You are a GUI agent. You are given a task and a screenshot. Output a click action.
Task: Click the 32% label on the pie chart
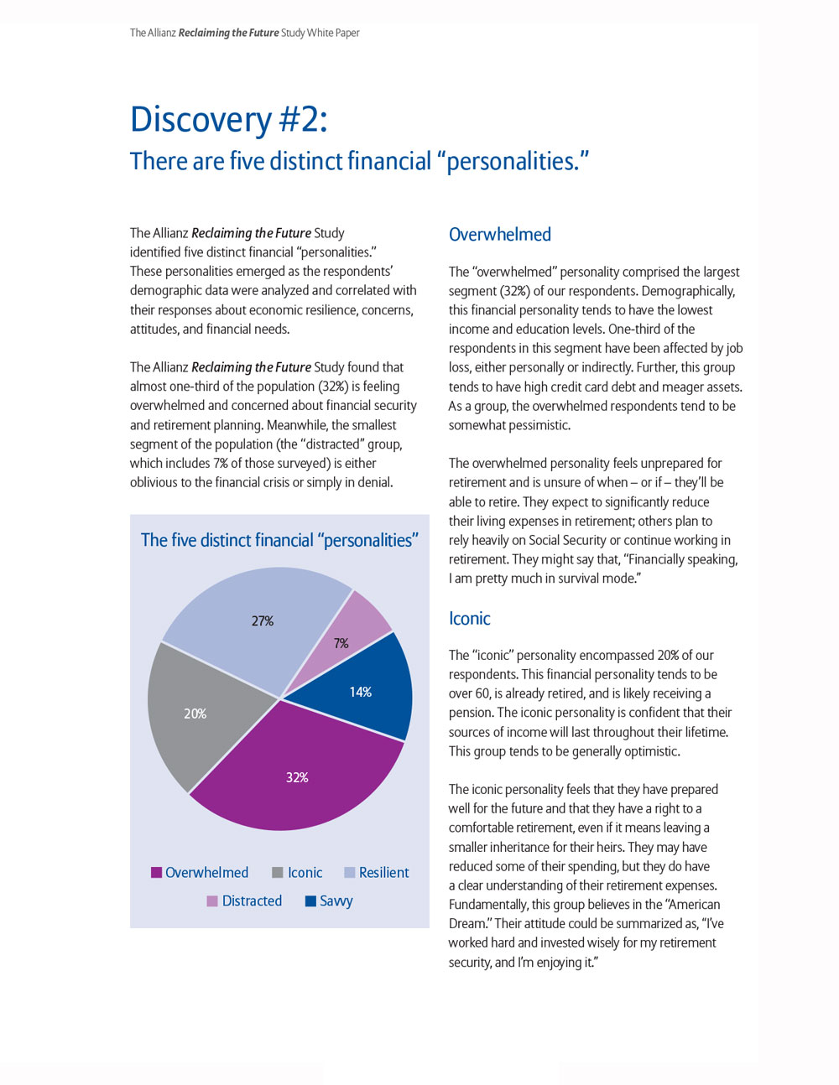[x=297, y=777]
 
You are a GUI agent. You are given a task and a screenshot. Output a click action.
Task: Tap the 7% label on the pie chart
[x=341, y=643]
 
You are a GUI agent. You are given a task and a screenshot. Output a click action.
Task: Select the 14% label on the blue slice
[x=361, y=692]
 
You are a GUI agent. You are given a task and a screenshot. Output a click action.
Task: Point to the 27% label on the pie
[x=263, y=621]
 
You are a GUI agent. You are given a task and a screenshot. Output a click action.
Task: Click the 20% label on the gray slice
[x=195, y=714]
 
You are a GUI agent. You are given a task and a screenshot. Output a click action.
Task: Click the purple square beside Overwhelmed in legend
[x=156, y=873]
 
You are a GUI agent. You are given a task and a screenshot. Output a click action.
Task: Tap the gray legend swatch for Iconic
[x=278, y=873]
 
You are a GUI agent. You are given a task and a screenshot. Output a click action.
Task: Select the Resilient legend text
[x=383, y=873]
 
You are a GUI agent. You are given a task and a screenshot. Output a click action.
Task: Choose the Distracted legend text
[x=252, y=901]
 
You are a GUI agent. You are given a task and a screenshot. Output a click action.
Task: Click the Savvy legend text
[x=336, y=901]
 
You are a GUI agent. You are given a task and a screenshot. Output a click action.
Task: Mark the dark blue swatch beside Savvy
[x=310, y=901]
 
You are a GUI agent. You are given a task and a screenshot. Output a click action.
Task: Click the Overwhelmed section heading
[x=500, y=235]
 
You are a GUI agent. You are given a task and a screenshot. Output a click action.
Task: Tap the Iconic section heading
[x=470, y=619]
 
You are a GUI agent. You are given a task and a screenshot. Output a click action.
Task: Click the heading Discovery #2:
[x=229, y=119]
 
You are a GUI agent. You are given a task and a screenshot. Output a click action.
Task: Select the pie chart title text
[x=279, y=540]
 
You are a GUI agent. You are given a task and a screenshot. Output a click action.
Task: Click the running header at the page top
[x=245, y=33]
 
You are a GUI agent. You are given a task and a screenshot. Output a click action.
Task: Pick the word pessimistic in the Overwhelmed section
[x=534, y=425]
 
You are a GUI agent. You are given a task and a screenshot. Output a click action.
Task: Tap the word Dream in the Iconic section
[x=467, y=924]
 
